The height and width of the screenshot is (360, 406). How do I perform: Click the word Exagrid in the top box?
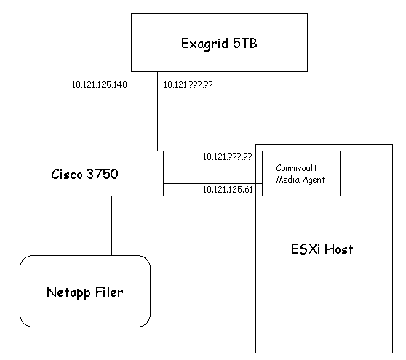click(x=204, y=44)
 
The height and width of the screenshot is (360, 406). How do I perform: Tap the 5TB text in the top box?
click(x=245, y=43)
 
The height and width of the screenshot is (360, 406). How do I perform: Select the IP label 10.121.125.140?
click(x=100, y=85)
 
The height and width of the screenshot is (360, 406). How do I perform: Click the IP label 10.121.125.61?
click(x=228, y=190)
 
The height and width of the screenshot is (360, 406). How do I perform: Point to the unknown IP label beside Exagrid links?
click(x=188, y=85)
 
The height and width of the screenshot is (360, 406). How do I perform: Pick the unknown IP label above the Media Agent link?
click(x=227, y=157)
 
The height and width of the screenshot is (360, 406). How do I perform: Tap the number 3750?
click(x=103, y=174)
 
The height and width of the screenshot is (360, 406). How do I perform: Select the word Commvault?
click(x=296, y=168)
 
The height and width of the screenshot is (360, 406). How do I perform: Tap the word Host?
click(x=338, y=249)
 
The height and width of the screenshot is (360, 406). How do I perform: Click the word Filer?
click(x=109, y=292)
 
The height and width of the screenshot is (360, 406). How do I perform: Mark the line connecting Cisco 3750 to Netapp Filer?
click(x=111, y=225)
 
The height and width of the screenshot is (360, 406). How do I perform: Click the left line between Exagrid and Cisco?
click(x=138, y=111)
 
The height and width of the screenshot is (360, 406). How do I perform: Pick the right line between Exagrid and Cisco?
click(x=157, y=111)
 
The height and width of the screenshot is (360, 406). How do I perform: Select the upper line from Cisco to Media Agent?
click(x=212, y=164)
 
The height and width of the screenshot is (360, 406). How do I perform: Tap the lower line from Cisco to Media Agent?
click(x=212, y=183)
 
